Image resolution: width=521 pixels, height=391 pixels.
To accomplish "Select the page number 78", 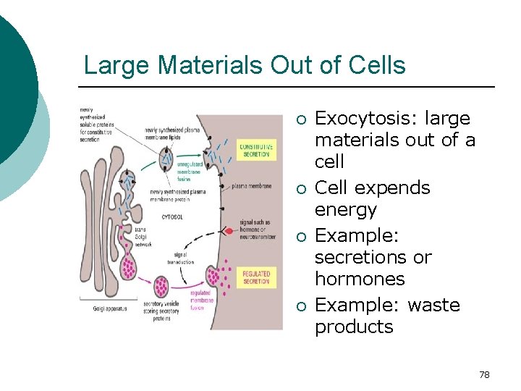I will coord(484,374).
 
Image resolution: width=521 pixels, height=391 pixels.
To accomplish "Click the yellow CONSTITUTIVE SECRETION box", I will coord(256,151).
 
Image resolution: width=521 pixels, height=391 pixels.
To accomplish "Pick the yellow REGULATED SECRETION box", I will coord(256,277).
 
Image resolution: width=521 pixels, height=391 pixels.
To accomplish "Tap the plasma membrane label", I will coord(251,186).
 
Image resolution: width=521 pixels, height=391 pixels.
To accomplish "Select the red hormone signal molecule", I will coord(230,232).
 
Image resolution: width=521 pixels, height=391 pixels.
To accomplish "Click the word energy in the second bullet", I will coord(346,210).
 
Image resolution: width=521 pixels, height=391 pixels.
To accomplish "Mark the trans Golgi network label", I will coord(145,235).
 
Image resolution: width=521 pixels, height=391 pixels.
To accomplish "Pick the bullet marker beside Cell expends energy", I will coord(302,190).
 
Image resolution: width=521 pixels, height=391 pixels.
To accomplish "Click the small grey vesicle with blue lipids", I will coord(168,157).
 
